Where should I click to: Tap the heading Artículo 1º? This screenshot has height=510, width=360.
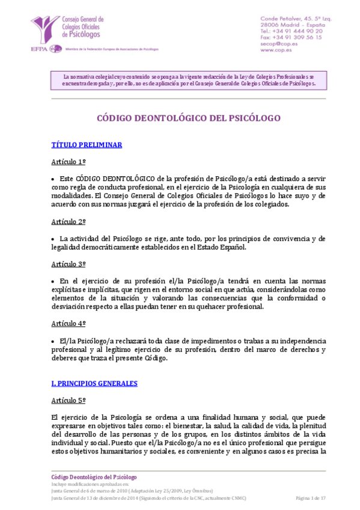click(69, 162)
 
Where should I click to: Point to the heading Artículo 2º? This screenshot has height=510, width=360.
click(69, 221)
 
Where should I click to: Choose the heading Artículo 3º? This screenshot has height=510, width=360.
click(69, 264)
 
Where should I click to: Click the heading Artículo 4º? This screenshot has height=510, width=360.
click(69, 324)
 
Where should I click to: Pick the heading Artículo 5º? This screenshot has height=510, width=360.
click(69, 400)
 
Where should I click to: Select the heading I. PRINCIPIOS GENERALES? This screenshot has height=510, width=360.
click(94, 383)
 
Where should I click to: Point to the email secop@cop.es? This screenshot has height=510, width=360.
click(280, 43)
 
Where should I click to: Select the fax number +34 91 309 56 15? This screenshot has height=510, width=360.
click(291, 37)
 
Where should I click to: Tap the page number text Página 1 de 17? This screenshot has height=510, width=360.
click(311, 499)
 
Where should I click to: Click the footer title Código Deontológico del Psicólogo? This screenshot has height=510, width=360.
click(94, 477)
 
